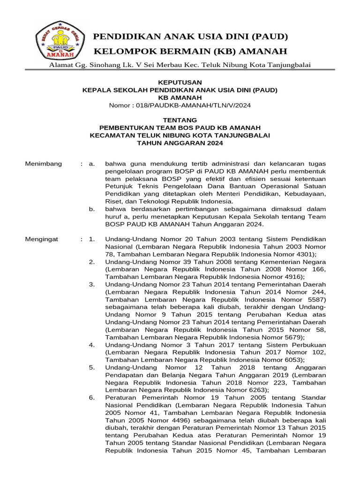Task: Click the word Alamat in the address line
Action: [x=60, y=65]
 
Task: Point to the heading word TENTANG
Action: [x=180, y=120]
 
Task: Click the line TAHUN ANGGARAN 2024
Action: [x=180, y=142]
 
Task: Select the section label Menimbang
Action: [x=43, y=163]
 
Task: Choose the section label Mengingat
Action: [x=41, y=239]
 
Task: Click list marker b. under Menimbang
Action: [x=92, y=209]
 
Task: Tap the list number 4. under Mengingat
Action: [x=92, y=345]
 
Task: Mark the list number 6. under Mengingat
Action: [x=92, y=397]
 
